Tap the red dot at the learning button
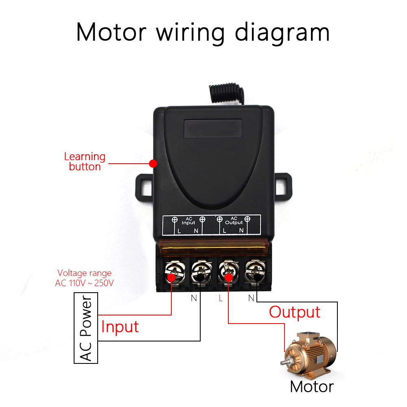click(x=153, y=164)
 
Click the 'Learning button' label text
click(x=85, y=162)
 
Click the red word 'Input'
click(x=120, y=327)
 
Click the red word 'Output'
click(x=295, y=312)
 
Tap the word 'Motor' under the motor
click(x=312, y=386)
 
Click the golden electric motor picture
click(x=310, y=354)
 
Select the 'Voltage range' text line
click(x=84, y=273)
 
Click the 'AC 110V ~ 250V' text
click(x=84, y=283)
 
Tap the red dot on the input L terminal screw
click(x=171, y=277)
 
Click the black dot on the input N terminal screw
click(x=200, y=277)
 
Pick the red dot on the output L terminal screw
click(x=229, y=277)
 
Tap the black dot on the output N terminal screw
click(x=257, y=277)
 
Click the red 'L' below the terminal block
click(x=221, y=298)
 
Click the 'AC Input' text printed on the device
click(x=188, y=221)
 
